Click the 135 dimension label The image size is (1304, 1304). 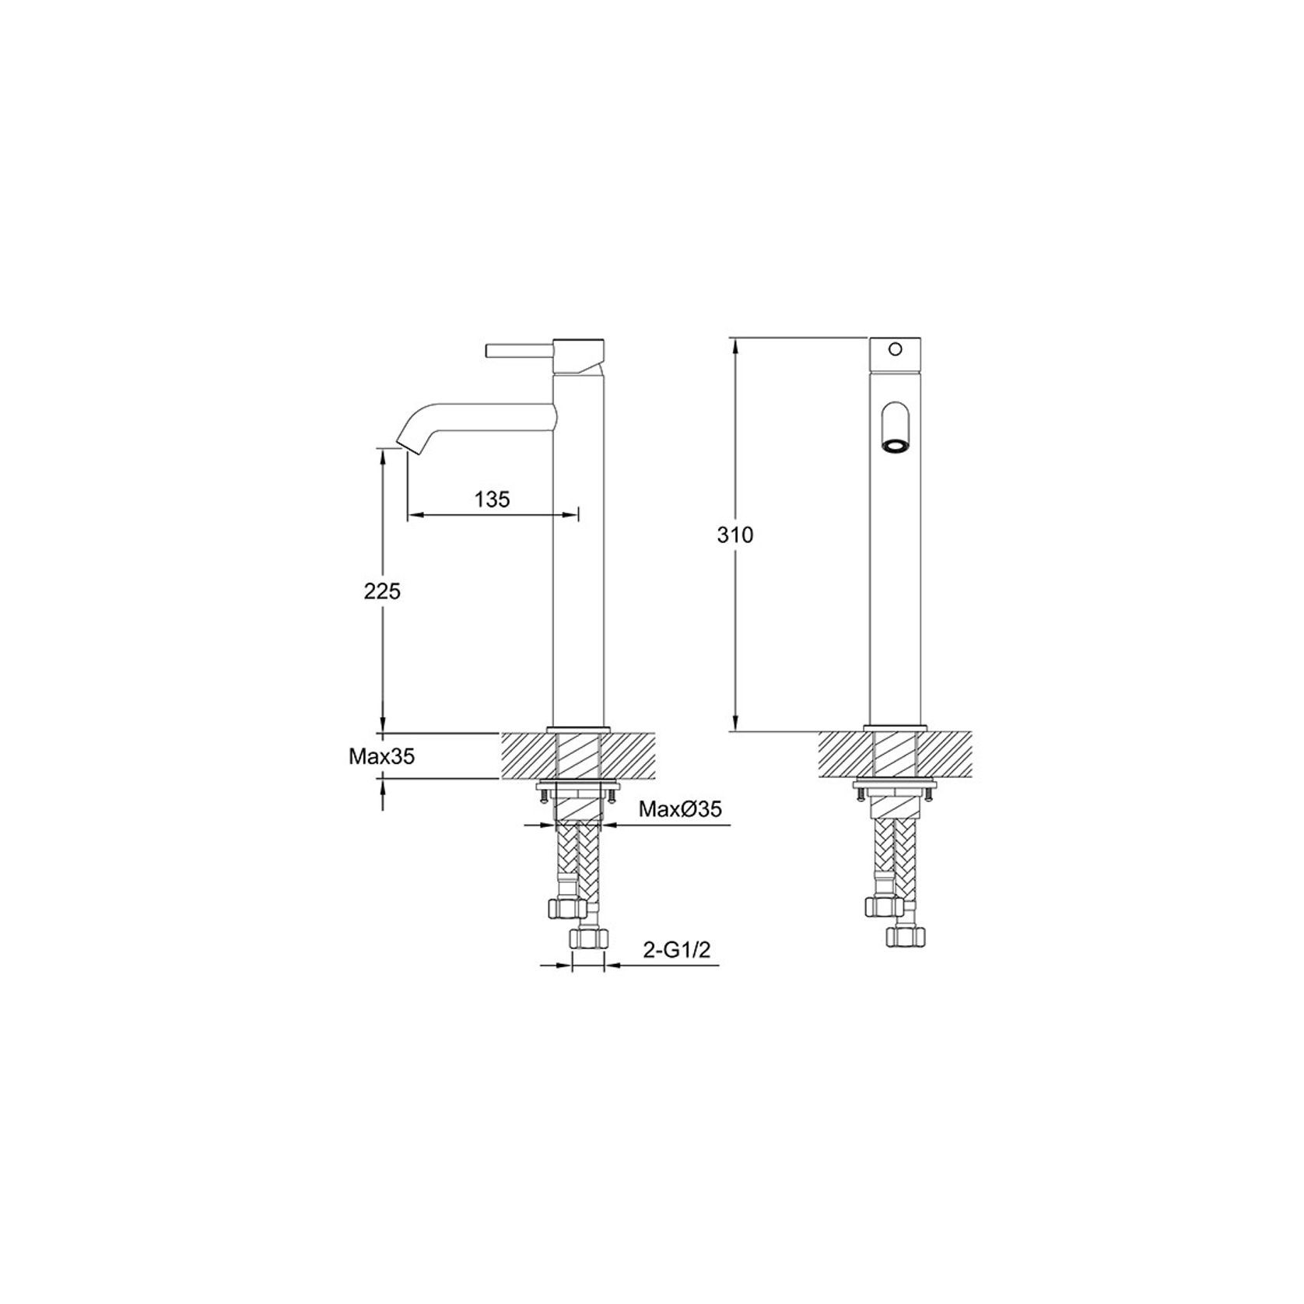click(x=492, y=499)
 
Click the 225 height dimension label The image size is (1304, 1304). click(x=382, y=591)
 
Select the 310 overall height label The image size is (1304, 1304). click(x=735, y=535)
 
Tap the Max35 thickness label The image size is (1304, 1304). click(x=381, y=756)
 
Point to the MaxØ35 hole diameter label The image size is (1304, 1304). click(x=680, y=809)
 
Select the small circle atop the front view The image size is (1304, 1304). click(x=896, y=349)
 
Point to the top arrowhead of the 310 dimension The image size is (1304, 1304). click(x=734, y=343)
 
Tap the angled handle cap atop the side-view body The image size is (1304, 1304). click(x=579, y=355)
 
